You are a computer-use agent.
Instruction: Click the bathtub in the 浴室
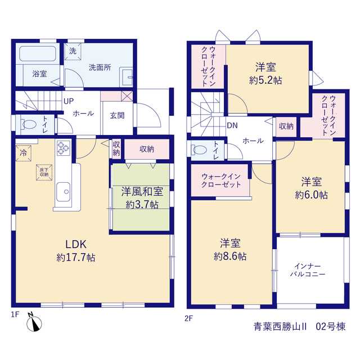point(38,54)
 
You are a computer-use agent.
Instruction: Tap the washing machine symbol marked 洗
point(73,51)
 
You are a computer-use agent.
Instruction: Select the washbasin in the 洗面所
point(126,77)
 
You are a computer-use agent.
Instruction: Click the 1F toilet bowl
point(29,125)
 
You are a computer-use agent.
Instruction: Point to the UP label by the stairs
point(69,101)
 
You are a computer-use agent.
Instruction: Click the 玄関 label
point(117,115)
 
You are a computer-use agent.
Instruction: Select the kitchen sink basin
point(64,192)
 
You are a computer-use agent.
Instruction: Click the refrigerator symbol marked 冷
point(23,153)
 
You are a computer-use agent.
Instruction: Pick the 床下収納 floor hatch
point(44,172)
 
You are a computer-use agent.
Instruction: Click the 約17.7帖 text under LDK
point(76,258)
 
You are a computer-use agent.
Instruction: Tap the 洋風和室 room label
point(142,192)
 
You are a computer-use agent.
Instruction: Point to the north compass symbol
point(34,322)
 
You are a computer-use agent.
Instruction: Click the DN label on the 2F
point(232,125)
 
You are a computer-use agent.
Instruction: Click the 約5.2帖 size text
point(265,80)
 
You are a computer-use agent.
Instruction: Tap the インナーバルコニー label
point(308,270)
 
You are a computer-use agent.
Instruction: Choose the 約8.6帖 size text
point(230,256)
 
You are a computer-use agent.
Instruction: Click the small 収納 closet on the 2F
point(286,127)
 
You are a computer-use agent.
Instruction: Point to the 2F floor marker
point(189,318)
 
